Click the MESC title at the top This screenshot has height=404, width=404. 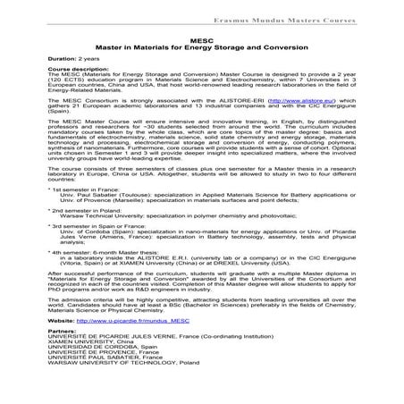(202, 40)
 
